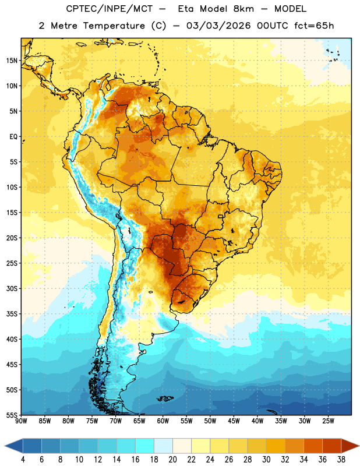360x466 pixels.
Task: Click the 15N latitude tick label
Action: coord(12,61)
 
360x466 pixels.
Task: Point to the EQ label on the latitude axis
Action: coord(13,137)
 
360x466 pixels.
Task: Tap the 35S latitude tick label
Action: coord(12,314)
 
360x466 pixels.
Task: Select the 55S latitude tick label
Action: coord(12,415)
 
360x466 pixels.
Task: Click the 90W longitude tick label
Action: coord(21,421)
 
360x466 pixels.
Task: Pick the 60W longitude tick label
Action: coord(163,421)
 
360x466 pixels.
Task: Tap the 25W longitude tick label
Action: coord(328,421)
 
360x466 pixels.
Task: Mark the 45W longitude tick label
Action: coord(234,421)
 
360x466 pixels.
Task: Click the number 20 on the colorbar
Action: coord(172,460)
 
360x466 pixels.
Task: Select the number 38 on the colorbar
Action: coord(341,460)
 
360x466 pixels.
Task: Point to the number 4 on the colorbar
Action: coord(23,460)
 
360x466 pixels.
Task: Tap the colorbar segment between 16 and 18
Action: coord(145,446)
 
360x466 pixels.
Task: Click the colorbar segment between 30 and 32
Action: coord(276,446)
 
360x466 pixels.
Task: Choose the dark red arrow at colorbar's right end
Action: coord(350,446)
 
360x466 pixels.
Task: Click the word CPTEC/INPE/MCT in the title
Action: coord(110,9)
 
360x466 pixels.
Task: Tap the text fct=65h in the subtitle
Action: coord(314,26)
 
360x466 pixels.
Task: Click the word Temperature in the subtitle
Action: coord(114,26)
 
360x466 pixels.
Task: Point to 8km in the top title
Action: coord(243,9)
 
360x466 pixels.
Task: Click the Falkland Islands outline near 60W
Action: coord(165,398)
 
